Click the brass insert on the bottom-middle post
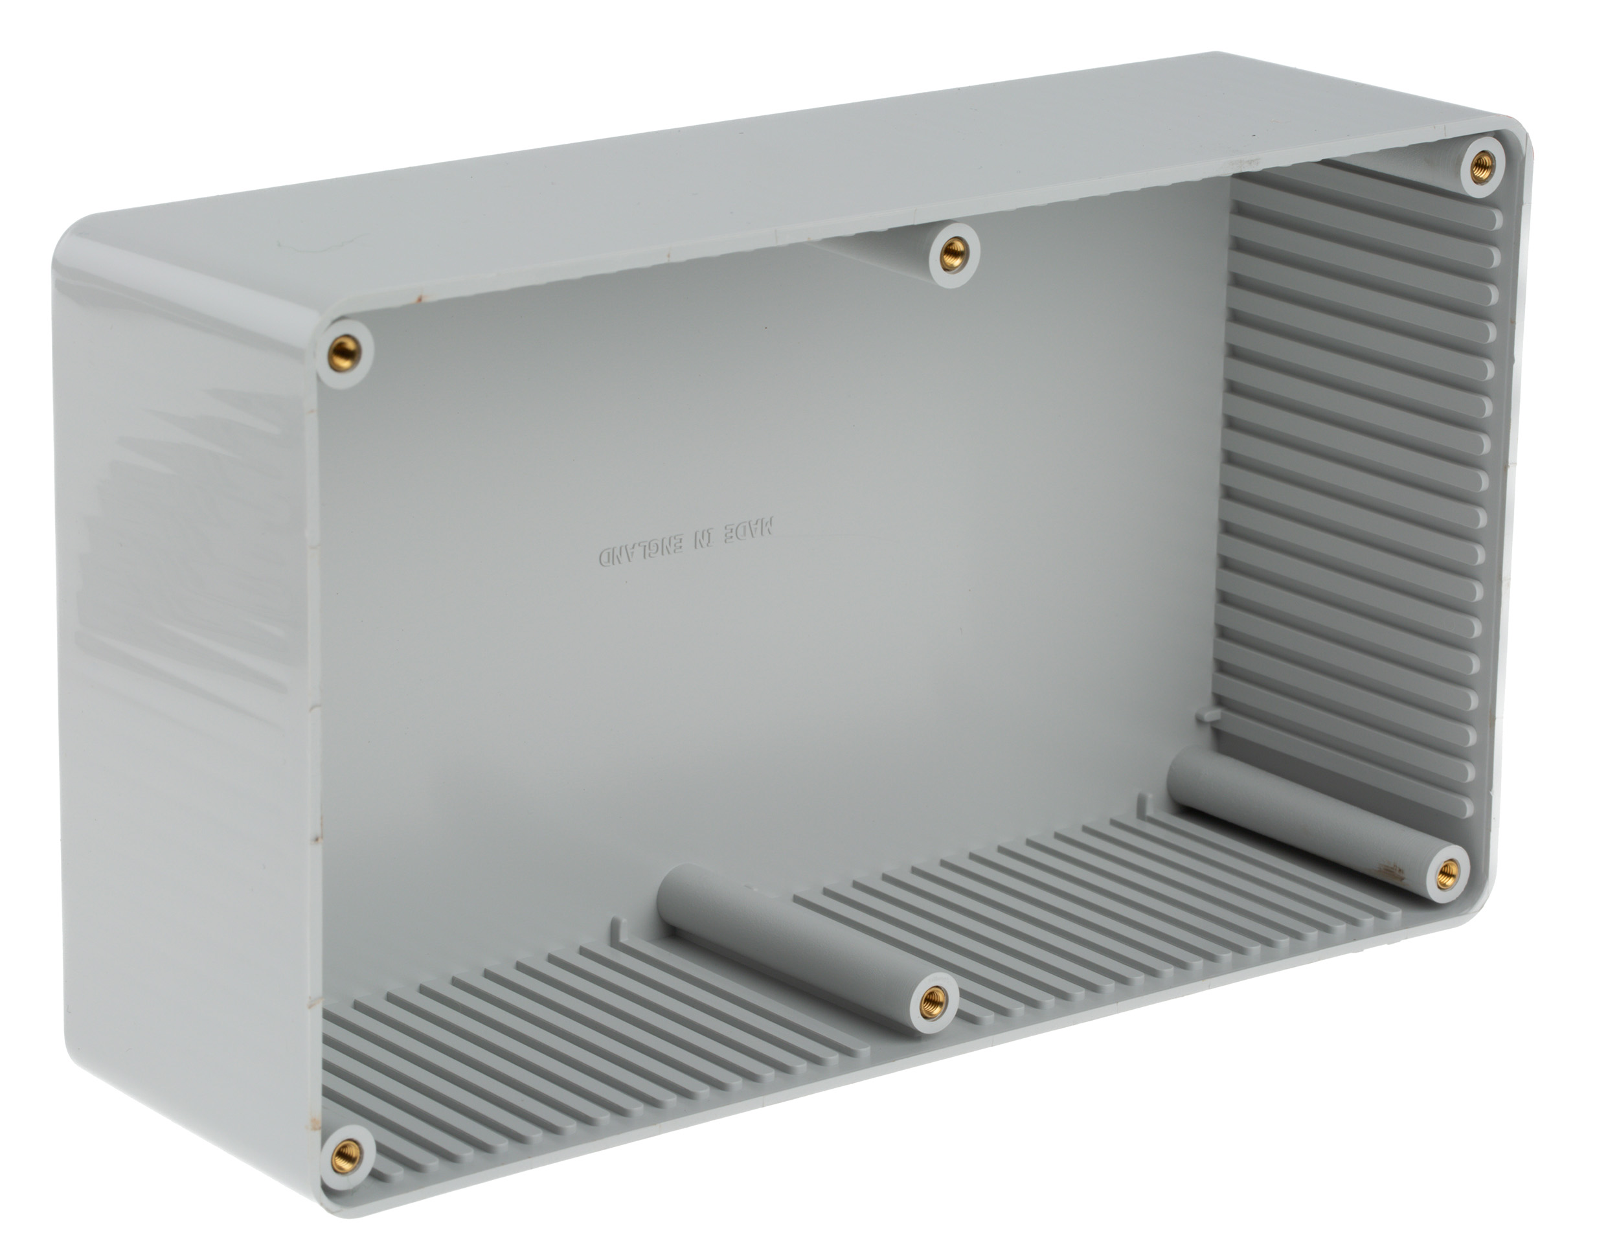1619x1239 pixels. pyautogui.click(x=933, y=1000)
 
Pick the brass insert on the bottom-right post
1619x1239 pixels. pyautogui.click(x=1449, y=871)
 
